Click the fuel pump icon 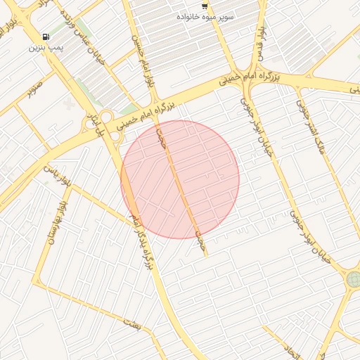click(46, 37)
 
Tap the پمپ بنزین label click(46, 48)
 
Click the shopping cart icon click(205, 6)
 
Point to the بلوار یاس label click(38, 176)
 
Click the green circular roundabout click(352, 280)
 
